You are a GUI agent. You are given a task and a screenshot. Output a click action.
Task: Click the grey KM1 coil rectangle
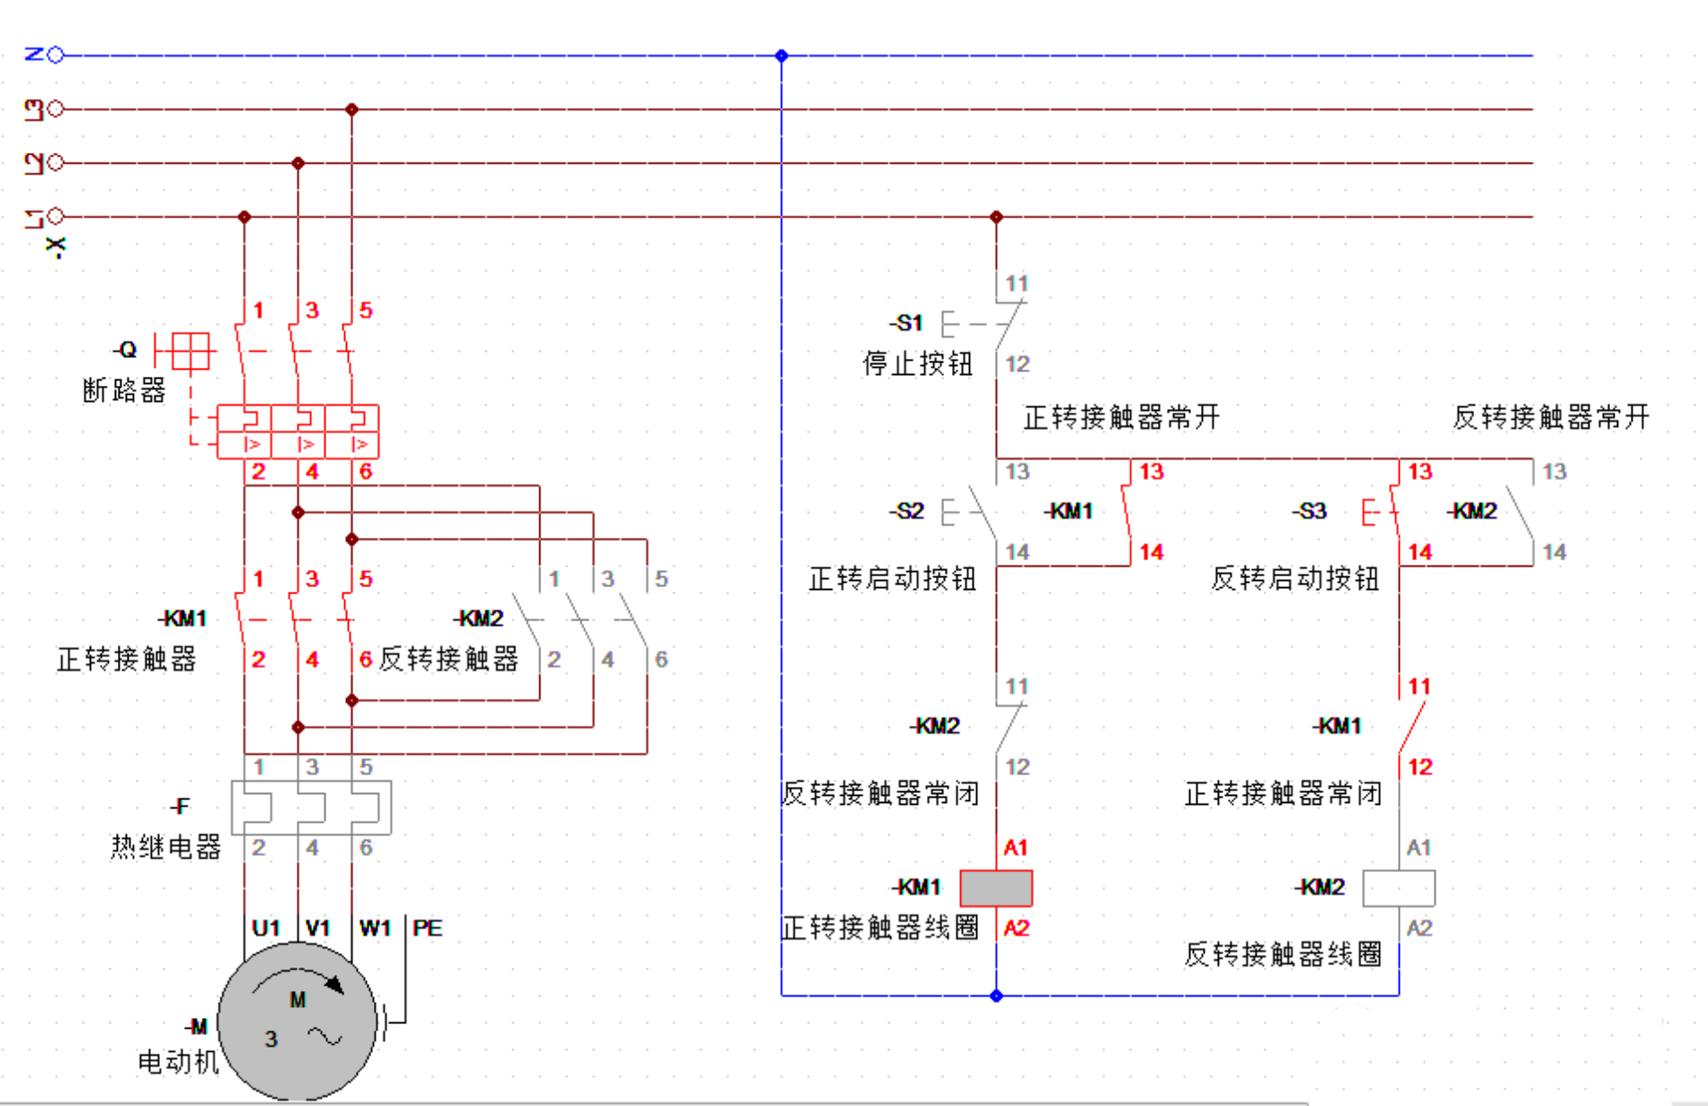pos(996,887)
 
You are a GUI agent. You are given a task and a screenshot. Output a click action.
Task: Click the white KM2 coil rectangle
pos(1399,887)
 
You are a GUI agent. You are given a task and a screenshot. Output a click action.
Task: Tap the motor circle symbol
pos(298,1021)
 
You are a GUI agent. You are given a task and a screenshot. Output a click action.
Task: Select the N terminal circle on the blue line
pos(56,55)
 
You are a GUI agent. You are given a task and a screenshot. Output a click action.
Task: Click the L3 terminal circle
pos(56,109)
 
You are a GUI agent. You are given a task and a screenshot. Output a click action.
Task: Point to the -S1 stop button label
pos(906,323)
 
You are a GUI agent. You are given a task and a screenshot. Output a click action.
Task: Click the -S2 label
pos(906,511)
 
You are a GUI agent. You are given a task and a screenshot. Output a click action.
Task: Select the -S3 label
pos(1309,511)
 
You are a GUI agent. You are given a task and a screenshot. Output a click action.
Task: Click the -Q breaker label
pos(125,350)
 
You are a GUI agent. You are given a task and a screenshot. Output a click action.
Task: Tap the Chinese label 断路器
pos(124,390)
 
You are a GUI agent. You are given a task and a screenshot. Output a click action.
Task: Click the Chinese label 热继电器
pos(165,846)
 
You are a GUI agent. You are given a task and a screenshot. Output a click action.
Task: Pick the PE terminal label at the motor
pos(427,928)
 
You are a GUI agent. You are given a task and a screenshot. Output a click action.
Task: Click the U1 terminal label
pos(266,928)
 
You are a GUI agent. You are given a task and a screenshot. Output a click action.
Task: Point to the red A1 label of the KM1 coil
pos(1016,847)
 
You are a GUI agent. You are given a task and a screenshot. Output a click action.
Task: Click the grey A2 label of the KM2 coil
pos(1419,928)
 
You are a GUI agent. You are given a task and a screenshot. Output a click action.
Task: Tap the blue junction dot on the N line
pos(781,56)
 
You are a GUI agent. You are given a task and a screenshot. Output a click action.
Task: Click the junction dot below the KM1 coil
pos(996,995)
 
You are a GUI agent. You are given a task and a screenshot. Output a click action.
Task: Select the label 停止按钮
pos(918,363)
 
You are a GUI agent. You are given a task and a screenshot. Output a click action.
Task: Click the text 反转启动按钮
pos(1294,578)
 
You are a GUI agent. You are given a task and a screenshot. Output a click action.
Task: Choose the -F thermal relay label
pos(180,807)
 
